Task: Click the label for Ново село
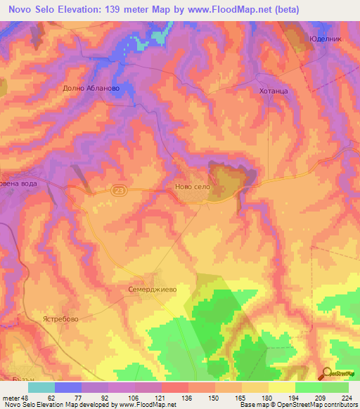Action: point(192,188)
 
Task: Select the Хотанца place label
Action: point(273,91)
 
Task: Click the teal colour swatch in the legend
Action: point(41,387)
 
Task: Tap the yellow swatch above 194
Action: point(281,387)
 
